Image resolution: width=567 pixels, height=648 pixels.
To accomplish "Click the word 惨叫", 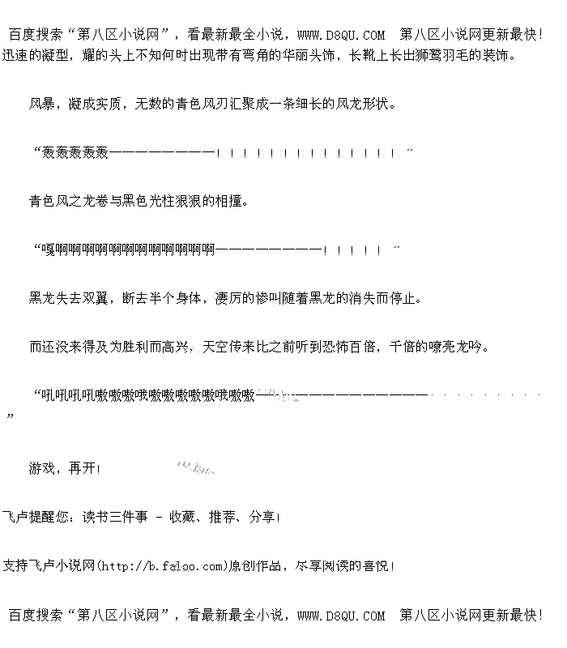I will coord(268,298).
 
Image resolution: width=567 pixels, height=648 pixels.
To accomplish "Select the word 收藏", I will coord(181,517).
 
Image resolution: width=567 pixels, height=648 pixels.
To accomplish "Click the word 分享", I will coord(262,517).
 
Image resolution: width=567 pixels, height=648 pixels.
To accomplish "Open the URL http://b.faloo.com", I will coord(161,565).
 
